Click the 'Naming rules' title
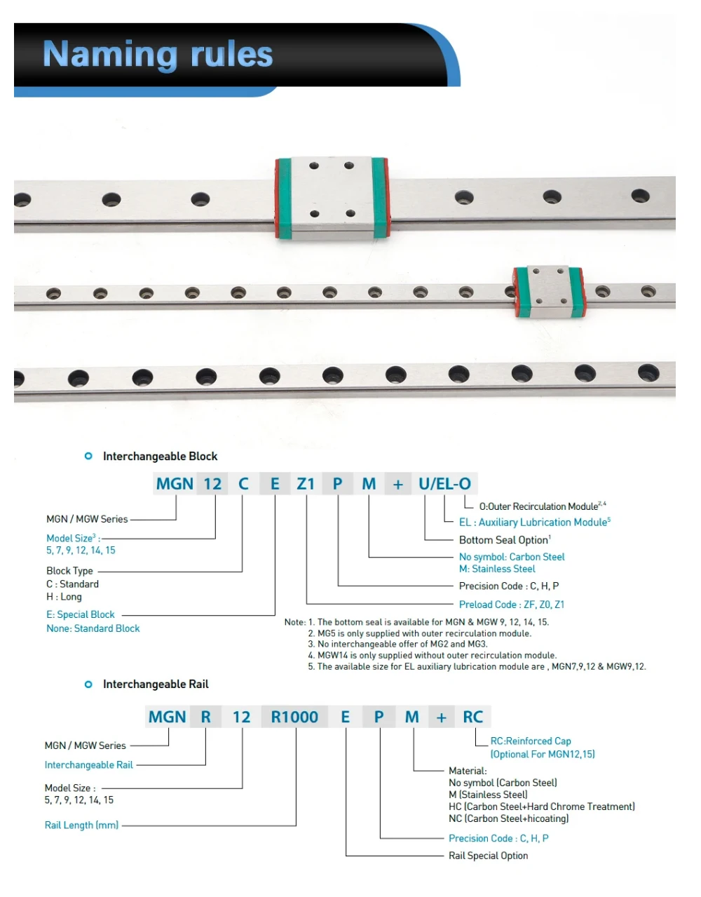[158, 55]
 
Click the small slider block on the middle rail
[548, 291]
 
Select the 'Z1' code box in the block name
[306, 484]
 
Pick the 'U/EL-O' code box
[444, 484]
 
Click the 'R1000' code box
[294, 717]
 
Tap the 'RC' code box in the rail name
[473, 717]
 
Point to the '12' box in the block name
[212, 484]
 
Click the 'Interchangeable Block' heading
[160, 457]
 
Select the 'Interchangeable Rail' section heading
[156, 684]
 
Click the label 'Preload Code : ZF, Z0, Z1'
[512, 605]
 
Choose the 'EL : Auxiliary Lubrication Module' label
[534, 522]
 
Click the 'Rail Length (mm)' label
[81, 825]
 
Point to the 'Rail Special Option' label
[489, 856]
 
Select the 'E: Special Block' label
[81, 614]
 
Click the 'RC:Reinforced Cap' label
[531, 741]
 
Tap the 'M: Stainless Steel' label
[497, 569]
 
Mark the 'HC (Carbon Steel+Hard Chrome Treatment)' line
[542, 807]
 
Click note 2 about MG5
[424, 633]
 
